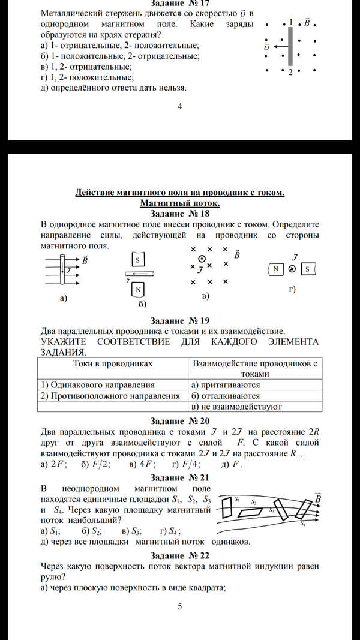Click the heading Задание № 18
[179, 214]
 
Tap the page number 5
[179, 607]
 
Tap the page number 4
[179, 107]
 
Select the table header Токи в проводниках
[113, 363]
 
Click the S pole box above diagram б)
[137, 260]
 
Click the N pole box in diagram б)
[138, 290]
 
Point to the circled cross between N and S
[292, 269]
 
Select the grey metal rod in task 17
[290, 46]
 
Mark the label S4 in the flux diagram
[303, 524]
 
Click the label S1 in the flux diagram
[237, 499]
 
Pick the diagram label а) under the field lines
[63, 298]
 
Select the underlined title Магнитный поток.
[179, 203]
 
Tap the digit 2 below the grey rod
[290, 73]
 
